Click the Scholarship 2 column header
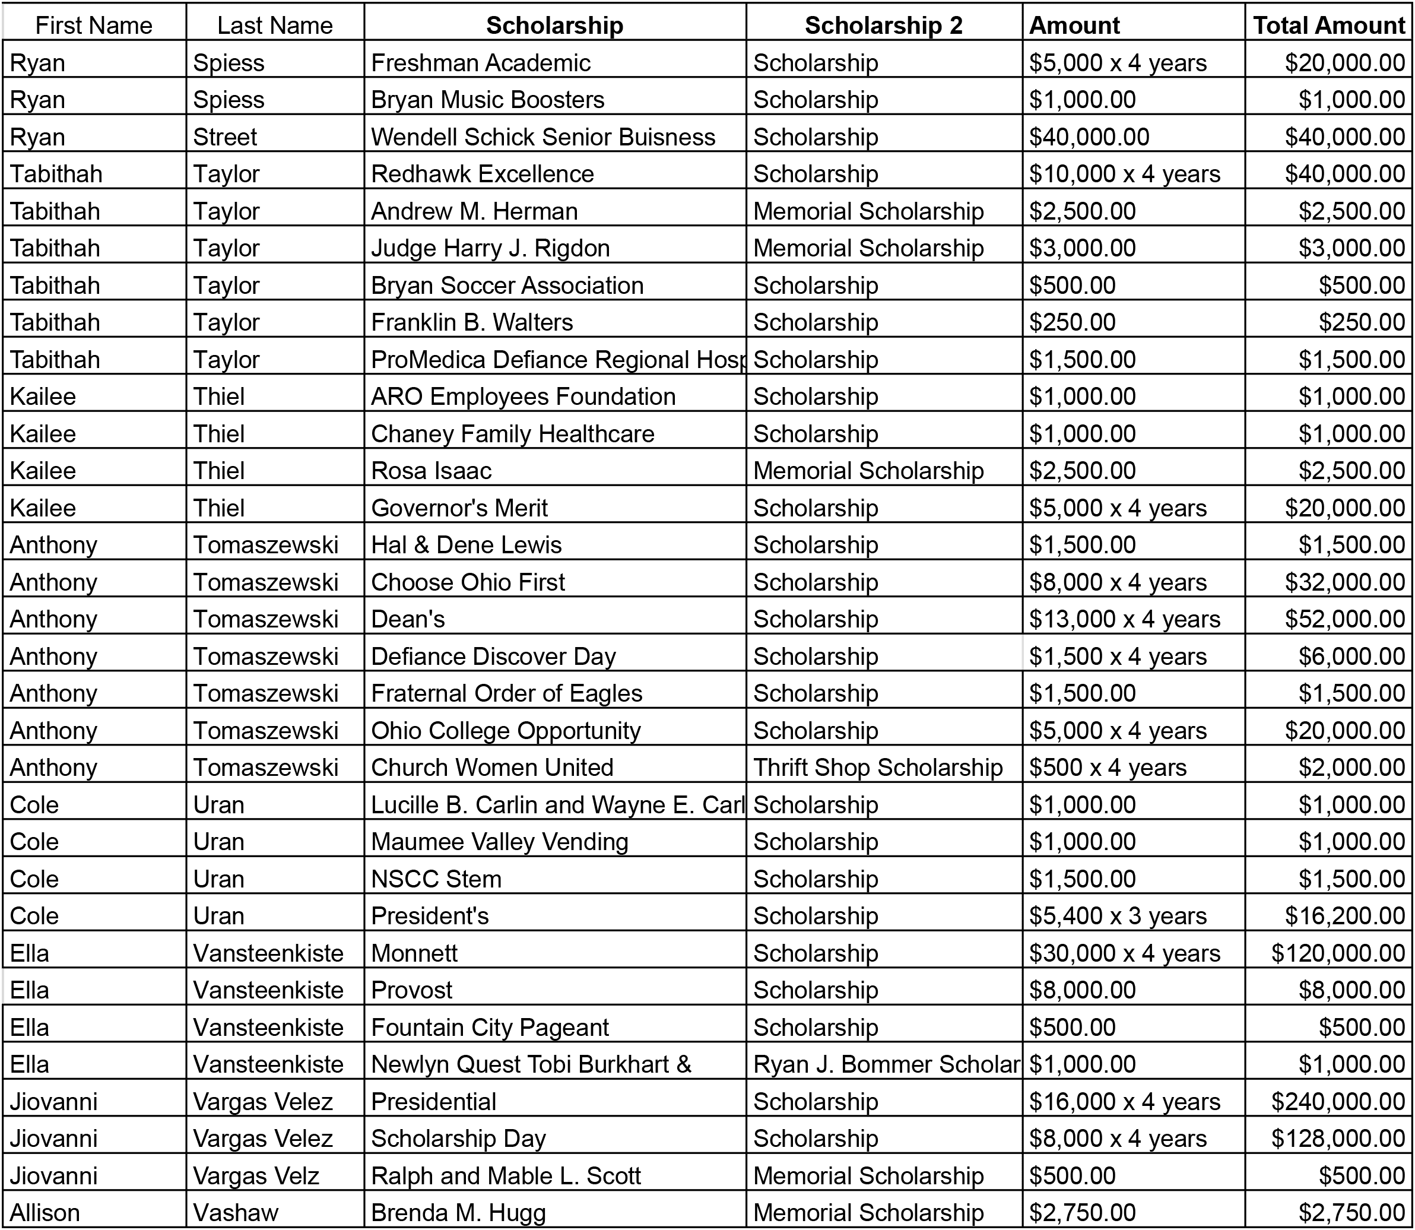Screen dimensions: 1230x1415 (x=883, y=26)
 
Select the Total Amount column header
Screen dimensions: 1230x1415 (x=1328, y=26)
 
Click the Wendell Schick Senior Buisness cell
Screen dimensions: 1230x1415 (x=543, y=137)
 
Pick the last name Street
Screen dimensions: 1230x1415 (x=225, y=137)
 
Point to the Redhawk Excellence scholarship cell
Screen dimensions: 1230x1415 (x=483, y=174)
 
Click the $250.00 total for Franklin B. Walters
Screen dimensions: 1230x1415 (x=1362, y=322)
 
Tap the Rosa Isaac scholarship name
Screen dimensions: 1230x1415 (x=431, y=470)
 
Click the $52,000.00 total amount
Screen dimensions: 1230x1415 (x=1344, y=619)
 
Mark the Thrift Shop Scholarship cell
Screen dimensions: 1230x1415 (x=878, y=768)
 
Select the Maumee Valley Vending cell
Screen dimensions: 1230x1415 (x=500, y=842)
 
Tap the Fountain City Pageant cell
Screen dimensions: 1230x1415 (x=490, y=1027)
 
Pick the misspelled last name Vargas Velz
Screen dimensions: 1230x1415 (x=256, y=1175)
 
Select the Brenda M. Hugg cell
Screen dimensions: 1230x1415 (x=458, y=1212)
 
